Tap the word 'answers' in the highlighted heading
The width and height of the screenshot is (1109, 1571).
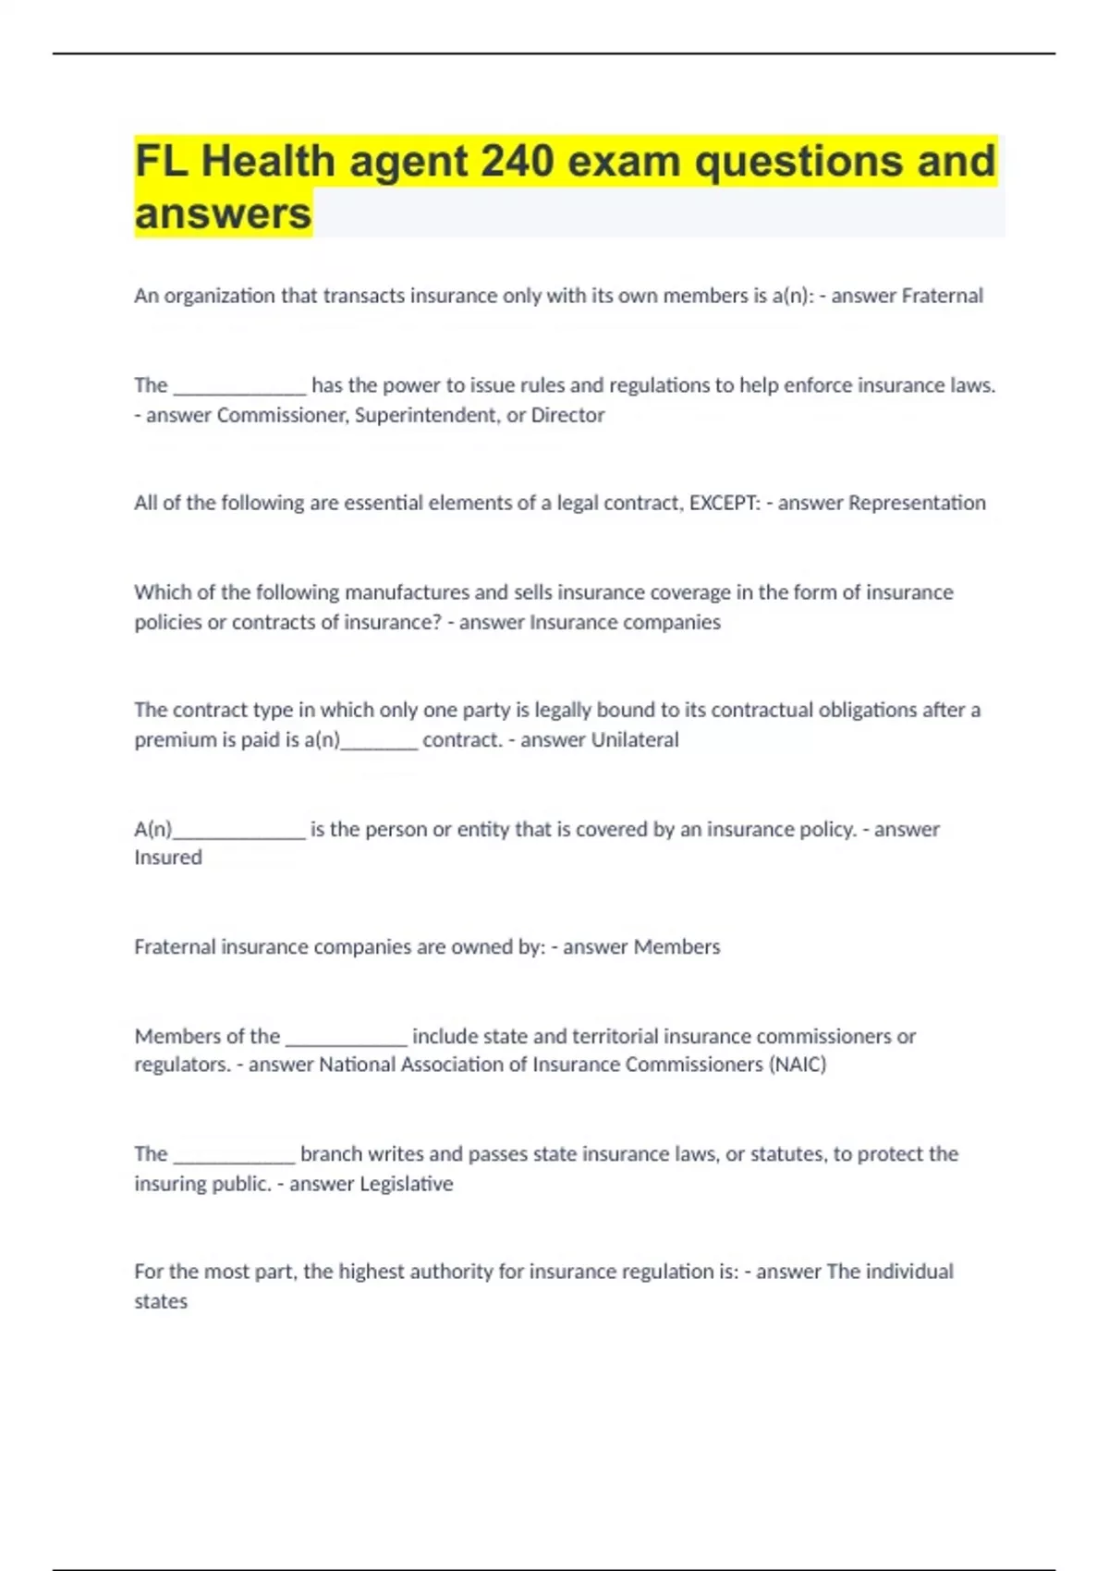click(x=223, y=213)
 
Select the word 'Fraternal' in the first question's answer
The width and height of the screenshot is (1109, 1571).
click(x=942, y=296)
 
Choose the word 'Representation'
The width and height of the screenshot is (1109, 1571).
click(x=917, y=503)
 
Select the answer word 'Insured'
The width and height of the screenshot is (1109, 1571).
click(x=167, y=858)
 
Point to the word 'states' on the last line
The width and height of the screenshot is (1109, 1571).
click(x=161, y=1301)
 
